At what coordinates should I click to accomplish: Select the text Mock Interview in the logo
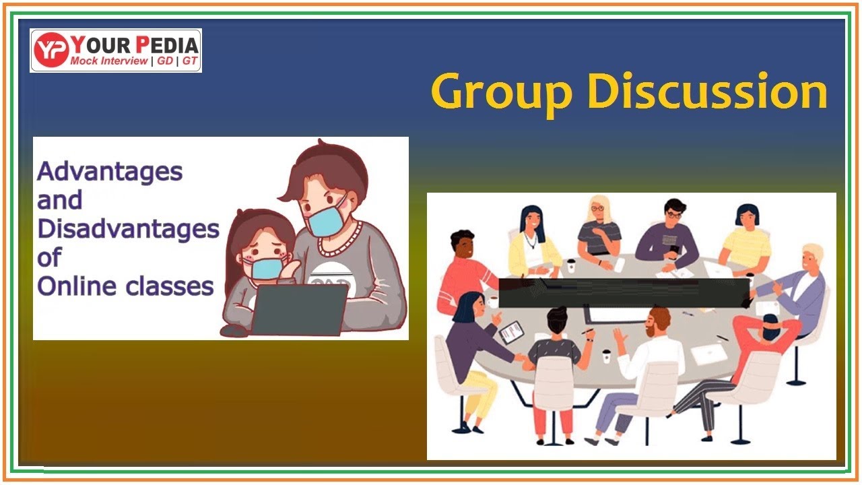tap(108, 61)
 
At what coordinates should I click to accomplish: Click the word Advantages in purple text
tap(110, 171)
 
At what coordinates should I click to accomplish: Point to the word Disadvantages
tap(128, 229)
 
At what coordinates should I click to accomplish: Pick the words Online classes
tap(125, 286)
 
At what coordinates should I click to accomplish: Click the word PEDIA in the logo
tap(167, 44)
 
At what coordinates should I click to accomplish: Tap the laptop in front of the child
tap(300, 310)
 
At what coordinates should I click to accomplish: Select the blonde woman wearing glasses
tap(599, 229)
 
